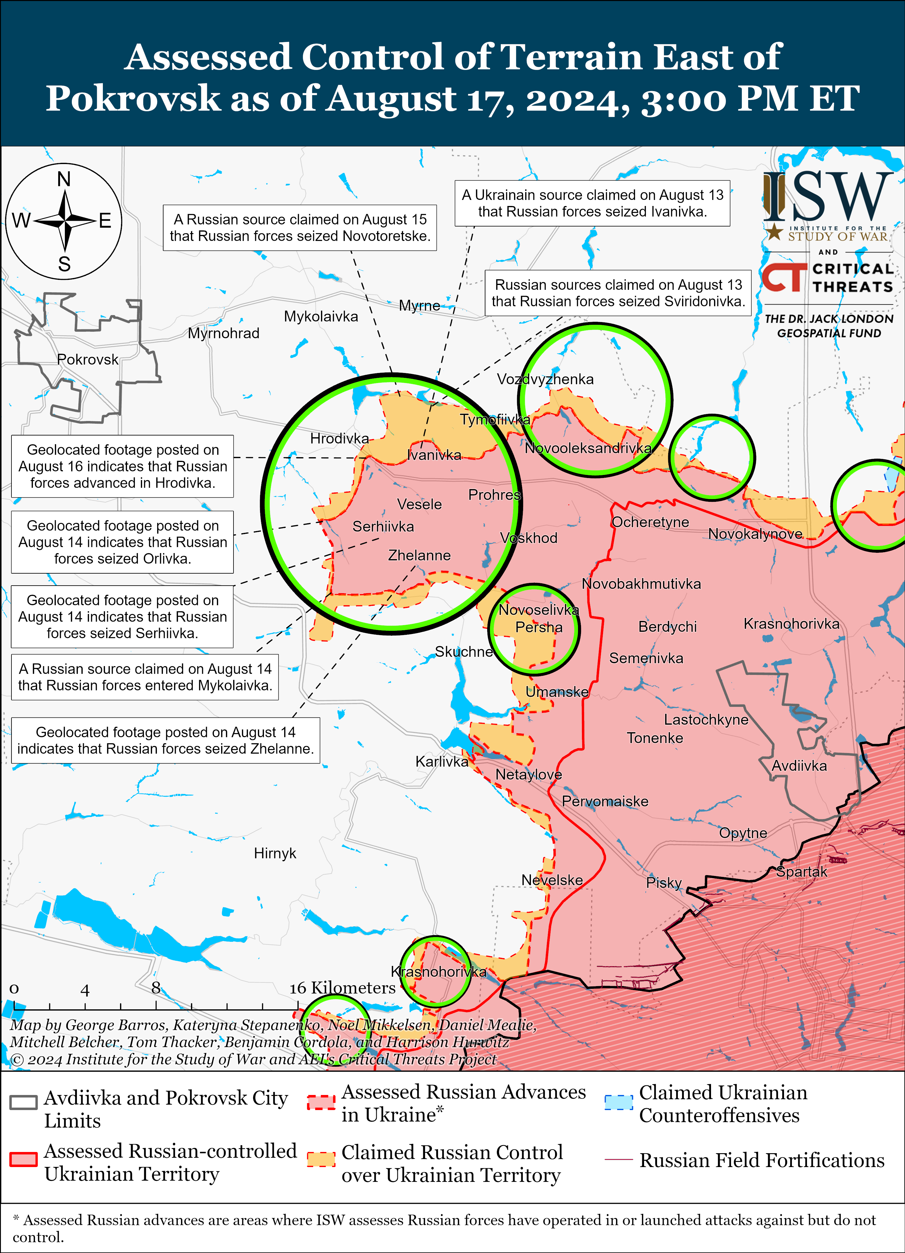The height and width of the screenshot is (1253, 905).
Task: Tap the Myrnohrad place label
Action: tap(223, 333)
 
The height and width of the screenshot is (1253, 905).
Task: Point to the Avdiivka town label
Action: tap(799, 766)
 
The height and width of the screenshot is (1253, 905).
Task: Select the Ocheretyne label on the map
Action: tap(650, 522)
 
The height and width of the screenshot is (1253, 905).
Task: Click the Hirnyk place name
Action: tap(275, 853)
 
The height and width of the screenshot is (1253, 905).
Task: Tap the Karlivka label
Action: tap(441, 762)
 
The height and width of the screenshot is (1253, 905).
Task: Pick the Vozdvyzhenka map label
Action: tap(545, 379)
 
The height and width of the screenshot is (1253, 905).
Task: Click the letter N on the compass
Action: tap(64, 179)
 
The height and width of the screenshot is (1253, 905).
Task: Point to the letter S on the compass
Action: tap(64, 264)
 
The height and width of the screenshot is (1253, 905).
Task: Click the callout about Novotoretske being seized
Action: tap(300, 228)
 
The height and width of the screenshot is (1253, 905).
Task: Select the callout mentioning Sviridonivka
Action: tap(618, 293)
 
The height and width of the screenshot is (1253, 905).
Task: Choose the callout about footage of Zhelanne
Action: tap(165, 740)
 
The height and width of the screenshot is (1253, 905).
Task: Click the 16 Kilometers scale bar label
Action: tap(343, 988)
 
